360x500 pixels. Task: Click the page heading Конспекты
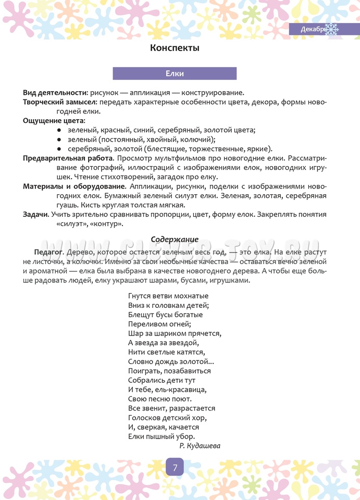pyautogui.click(x=175, y=48)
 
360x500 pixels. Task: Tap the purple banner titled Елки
pyautogui.click(x=175, y=73)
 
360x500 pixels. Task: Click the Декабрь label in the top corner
pyautogui.click(x=313, y=30)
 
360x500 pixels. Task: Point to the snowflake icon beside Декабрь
pyautogui.click(x=332, y=29)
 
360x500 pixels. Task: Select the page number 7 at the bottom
pyautogui.click(x=175, y=467)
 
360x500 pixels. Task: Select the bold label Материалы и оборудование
pyautogui.click(x=74, y=186)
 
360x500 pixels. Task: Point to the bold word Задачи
pyautogui.click(x=35, y=215)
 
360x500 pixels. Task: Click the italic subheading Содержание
pyautogui.click(x=175, y=239)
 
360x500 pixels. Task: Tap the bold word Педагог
pyautogui.click(x=48, y=252)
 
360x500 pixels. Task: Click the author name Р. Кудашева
pyautogui.click(x=200, y=446)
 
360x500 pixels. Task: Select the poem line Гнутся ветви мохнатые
pyautogui.click(x=164, y=296)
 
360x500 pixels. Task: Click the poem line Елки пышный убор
pyautogui.click(x=162, y=436)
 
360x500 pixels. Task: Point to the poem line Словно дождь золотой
pyautogui.click(x=171, y=361)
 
